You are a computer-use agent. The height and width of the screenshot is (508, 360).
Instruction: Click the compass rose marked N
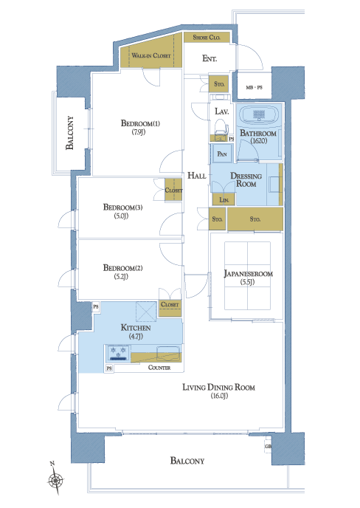[x=55, y=479]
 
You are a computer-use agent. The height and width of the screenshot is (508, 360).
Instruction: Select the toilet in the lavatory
[x=221, y=127]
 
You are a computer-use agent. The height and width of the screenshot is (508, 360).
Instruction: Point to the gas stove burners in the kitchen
[x=118, y=353]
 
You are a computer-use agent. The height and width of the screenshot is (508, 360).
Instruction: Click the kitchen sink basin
[x=168, y=354]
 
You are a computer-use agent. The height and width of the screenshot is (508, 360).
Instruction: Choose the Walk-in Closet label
[x=151, y=55]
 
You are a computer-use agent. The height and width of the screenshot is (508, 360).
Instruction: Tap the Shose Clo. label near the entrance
[x=207, y=37]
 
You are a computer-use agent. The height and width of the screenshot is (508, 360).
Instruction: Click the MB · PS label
[x=254, y=87]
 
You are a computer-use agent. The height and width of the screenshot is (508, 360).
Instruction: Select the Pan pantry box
[x=222, y=154]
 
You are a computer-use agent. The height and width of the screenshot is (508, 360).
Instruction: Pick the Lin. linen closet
[x=224, y=199]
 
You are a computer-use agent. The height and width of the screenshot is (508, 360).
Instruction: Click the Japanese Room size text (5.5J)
[x=247, y=282]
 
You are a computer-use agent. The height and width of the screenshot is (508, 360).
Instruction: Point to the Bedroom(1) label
[x=140, y=123]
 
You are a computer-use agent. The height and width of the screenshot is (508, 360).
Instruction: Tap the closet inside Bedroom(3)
[x=173, y=190]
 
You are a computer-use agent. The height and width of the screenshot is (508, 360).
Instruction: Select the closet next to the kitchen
[x=170, y=308]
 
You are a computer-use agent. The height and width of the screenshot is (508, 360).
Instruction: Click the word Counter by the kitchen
[x=159, y=368]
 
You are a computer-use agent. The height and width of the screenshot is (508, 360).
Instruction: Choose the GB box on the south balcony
[x=268, y=447]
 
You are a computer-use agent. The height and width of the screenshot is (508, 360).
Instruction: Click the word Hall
[x=197, y=176]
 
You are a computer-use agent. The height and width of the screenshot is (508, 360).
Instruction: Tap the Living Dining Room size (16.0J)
[x=219, y=396]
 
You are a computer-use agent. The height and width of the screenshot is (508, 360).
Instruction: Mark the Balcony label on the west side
[x=69, y=133]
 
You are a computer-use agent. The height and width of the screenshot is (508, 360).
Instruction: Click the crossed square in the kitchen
[x=146, y=312]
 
